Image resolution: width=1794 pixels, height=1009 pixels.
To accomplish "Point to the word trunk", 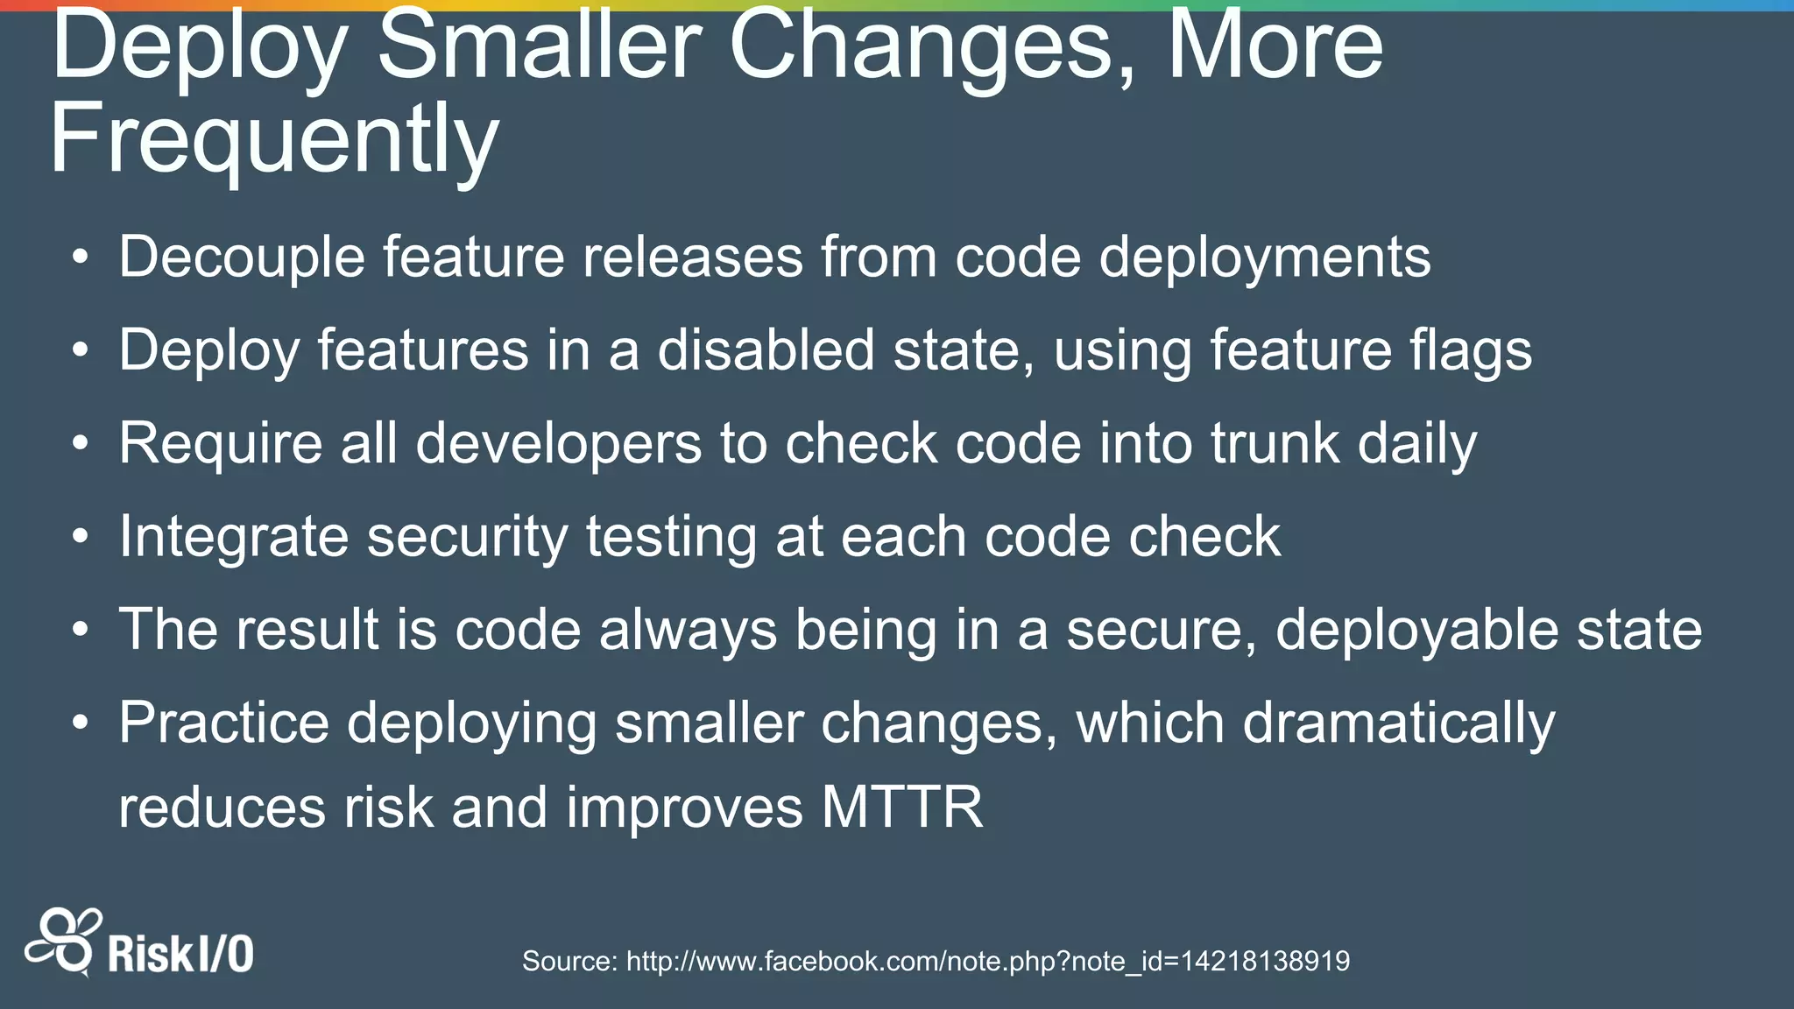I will coord(1275,443).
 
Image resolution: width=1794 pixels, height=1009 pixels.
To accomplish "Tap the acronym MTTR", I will coord(902,807).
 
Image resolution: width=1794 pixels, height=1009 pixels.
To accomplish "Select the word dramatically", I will coord(1398,724).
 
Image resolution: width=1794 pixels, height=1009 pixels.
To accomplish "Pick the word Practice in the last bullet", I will coord(223,724).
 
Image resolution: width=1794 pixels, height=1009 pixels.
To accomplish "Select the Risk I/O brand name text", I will coord(180,954).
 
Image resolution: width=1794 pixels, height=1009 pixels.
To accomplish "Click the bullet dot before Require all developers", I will coord(81,444).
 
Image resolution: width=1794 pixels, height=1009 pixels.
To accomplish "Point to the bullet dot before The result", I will coord(81,630).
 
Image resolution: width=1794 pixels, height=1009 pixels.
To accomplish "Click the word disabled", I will coord(766,349).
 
